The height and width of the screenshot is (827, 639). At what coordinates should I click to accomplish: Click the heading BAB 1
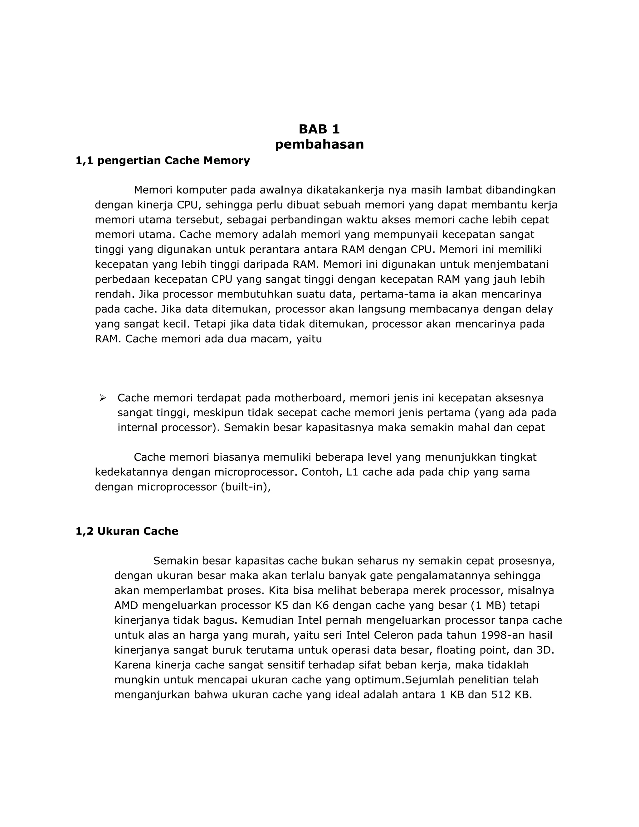(x=319, y=129)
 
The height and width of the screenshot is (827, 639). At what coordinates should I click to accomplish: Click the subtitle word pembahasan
(x=319, y=144)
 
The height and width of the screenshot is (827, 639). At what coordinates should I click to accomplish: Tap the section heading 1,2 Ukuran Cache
(x=127, y=531)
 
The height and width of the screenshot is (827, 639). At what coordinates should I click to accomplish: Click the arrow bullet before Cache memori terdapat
(x=102, y=398)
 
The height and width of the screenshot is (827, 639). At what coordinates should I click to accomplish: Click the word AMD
(x=126, y=605)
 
